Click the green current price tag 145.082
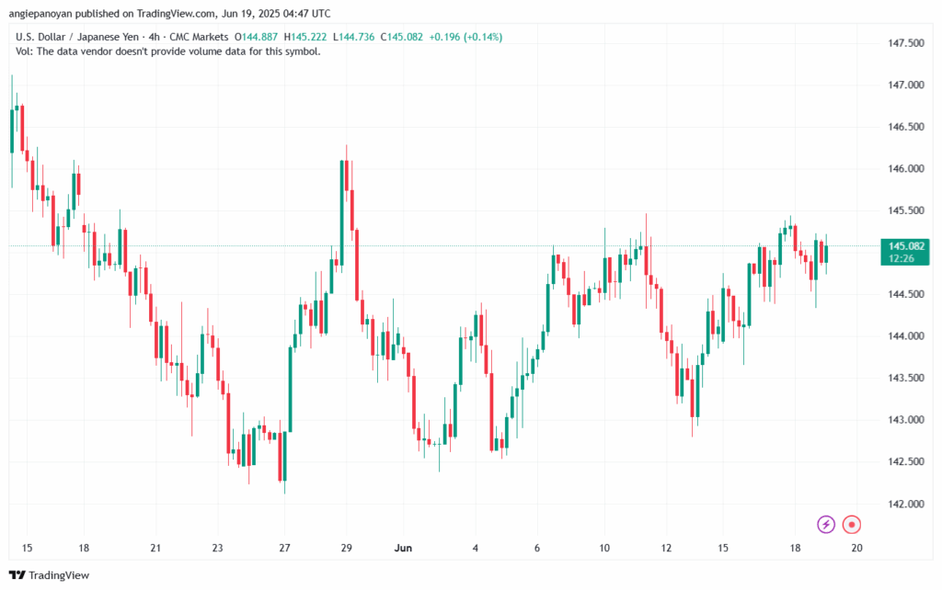(x=902, y=245)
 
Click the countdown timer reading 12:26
(x=902, y=258)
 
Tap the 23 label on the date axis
(x=217, y=548)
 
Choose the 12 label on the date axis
(x=665, y=548)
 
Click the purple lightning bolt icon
(x=826, y=525)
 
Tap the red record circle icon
(x=852, y=525)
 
